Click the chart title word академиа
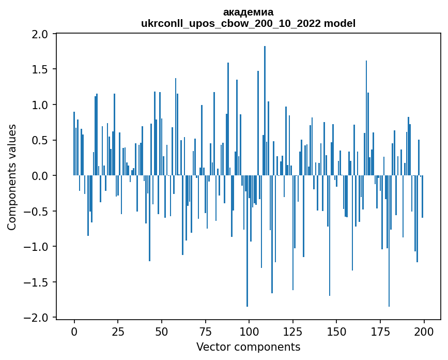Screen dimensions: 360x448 tap(248, 12)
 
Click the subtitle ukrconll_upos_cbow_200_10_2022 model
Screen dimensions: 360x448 tap(248, 23)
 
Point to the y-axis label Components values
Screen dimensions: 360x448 tap(12, 177)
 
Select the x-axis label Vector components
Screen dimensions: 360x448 tap(248, 347)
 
